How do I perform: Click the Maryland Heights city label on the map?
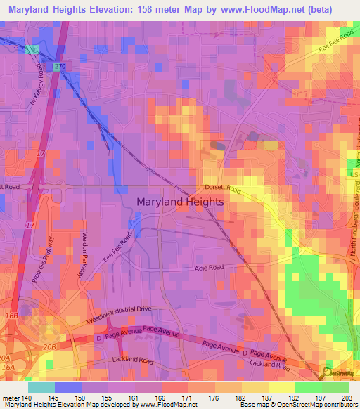[179, 202]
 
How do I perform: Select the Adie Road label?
[209, 268]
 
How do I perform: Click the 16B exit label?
[11, 316]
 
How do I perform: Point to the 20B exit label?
[49, 346]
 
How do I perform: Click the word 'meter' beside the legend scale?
[12, 398]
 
